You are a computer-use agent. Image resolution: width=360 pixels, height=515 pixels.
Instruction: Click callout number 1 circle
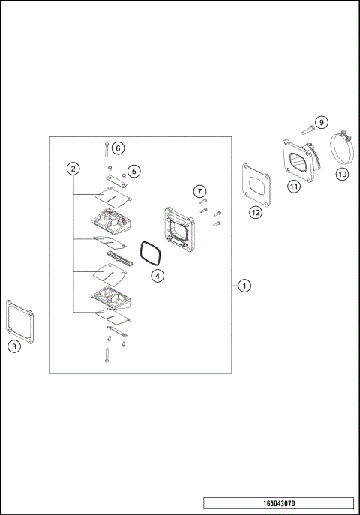(x=244, y=286)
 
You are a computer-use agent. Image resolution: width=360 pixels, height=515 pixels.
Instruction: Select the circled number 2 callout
(x=73, y=169)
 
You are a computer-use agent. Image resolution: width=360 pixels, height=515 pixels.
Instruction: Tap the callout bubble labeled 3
(x=13, y=346)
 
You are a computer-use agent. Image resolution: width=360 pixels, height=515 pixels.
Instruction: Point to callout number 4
(x=157, y=275)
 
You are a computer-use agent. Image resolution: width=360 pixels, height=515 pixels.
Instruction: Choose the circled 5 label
(x=133, y=172)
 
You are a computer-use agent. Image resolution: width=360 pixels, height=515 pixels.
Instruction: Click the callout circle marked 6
(x=118, y=148)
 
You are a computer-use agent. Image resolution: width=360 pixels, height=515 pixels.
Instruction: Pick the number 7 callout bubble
(x=200, y=192)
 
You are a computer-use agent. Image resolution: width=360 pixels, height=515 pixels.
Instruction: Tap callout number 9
(x=321, y=122)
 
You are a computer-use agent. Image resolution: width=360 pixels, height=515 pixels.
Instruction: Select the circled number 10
(x=341, y=174)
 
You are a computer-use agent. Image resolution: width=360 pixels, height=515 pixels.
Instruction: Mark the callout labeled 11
(x=294, y=187)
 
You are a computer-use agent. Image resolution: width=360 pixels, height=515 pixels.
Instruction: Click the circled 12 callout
(x=256, y=212)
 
